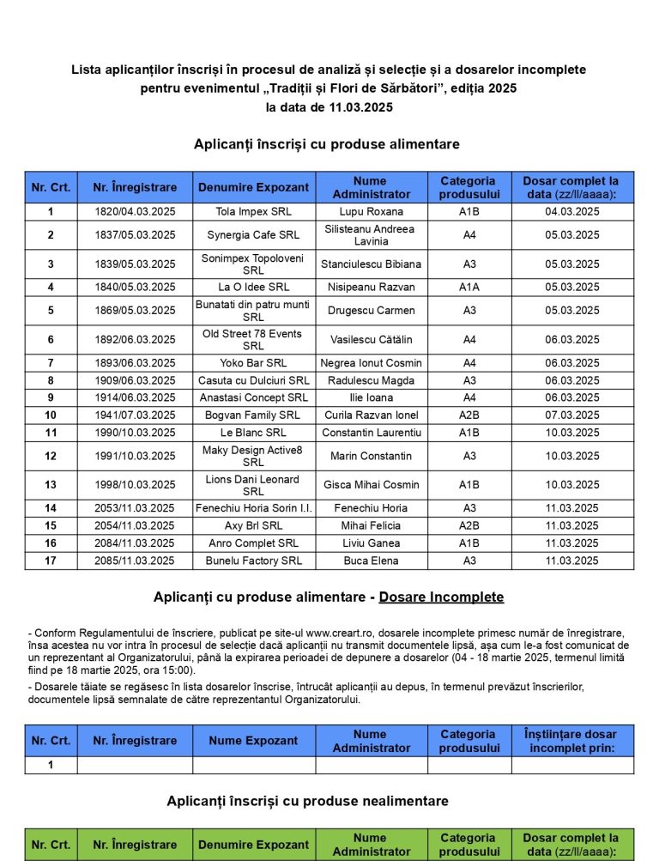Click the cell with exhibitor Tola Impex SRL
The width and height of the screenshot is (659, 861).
[253, 211]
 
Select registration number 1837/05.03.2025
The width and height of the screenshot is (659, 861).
[134, 235]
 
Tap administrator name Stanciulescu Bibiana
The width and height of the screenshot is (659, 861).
[371, 264]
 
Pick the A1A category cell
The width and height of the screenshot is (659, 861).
[469, 288]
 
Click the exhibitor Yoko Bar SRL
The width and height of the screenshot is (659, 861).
[253, 363]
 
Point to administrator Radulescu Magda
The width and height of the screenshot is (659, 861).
[371, 380]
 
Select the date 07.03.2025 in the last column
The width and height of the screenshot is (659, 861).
[572, 415]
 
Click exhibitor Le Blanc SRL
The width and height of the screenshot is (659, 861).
[253, 433]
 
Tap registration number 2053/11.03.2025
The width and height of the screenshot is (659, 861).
[134, 508]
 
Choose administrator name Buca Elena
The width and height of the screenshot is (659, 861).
[371, 561]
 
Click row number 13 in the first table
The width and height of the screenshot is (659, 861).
[51, 485]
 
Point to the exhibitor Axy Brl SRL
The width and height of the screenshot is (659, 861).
[253, 525]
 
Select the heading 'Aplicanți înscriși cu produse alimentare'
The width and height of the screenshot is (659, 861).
[327, 144]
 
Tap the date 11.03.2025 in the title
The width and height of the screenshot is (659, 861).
[360, 107]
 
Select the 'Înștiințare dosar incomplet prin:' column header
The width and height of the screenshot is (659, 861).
[572, 741]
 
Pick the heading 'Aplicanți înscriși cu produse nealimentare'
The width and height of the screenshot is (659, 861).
[308, 801]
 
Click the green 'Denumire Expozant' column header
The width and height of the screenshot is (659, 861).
[253, 845]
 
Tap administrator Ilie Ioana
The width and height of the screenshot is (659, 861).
[371, 397]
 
